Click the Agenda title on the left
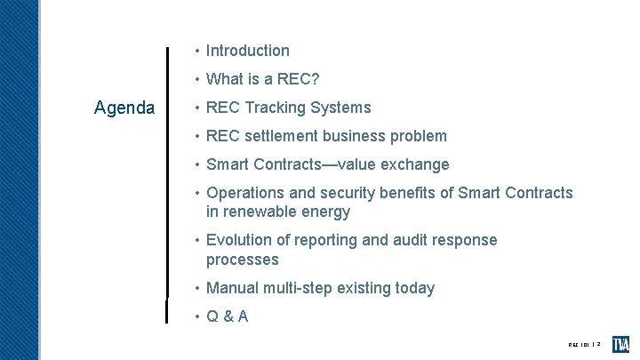[124, 108]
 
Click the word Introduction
[247, 52]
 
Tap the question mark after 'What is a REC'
[315, 80]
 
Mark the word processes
[242, 260]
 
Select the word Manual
[231, 289]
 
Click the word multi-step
[297, 289]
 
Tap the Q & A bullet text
[227, 316]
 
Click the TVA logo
[620, 344]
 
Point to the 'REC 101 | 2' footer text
[586, 345]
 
